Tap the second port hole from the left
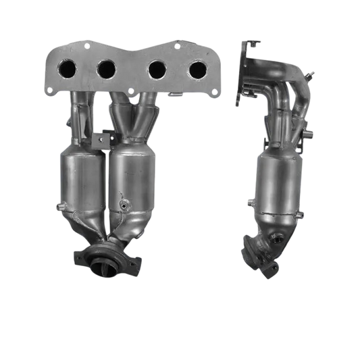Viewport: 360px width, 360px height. tap(106, 68)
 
